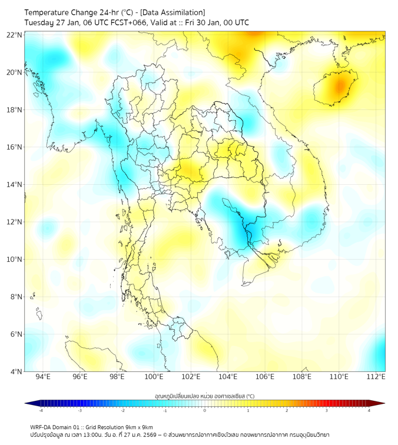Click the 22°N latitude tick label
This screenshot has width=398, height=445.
click(x=15, y=35)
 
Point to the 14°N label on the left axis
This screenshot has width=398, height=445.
click(x=15, y=185)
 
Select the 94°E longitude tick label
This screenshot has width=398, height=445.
click(x=43, y=377)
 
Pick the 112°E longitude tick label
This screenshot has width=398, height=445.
click(x=376, y=377)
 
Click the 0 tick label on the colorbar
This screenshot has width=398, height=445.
click(x=205, y=410)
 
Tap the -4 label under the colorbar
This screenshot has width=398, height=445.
click(x=40, y=410)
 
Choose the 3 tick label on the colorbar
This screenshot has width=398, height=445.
click(x=327, y=410)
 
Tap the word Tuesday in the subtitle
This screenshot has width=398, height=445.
click(x=39, y=23)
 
